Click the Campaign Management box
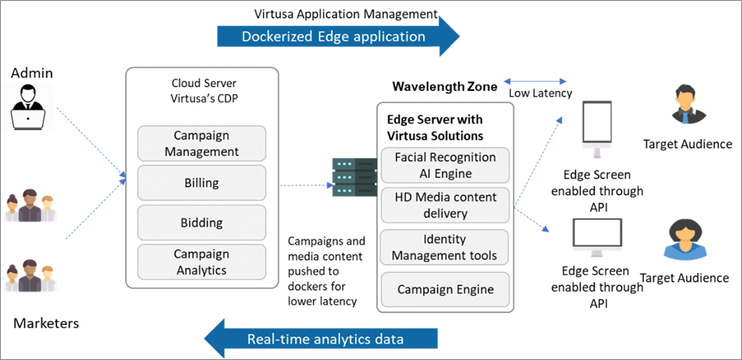201,143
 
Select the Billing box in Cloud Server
201,183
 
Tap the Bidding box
201,222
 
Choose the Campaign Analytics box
201,262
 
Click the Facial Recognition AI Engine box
444,165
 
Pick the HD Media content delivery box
444,205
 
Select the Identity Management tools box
444,247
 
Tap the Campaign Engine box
444,289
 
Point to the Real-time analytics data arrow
322,337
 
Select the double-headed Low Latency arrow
536,79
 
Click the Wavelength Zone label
444,87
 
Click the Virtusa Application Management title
346,14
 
